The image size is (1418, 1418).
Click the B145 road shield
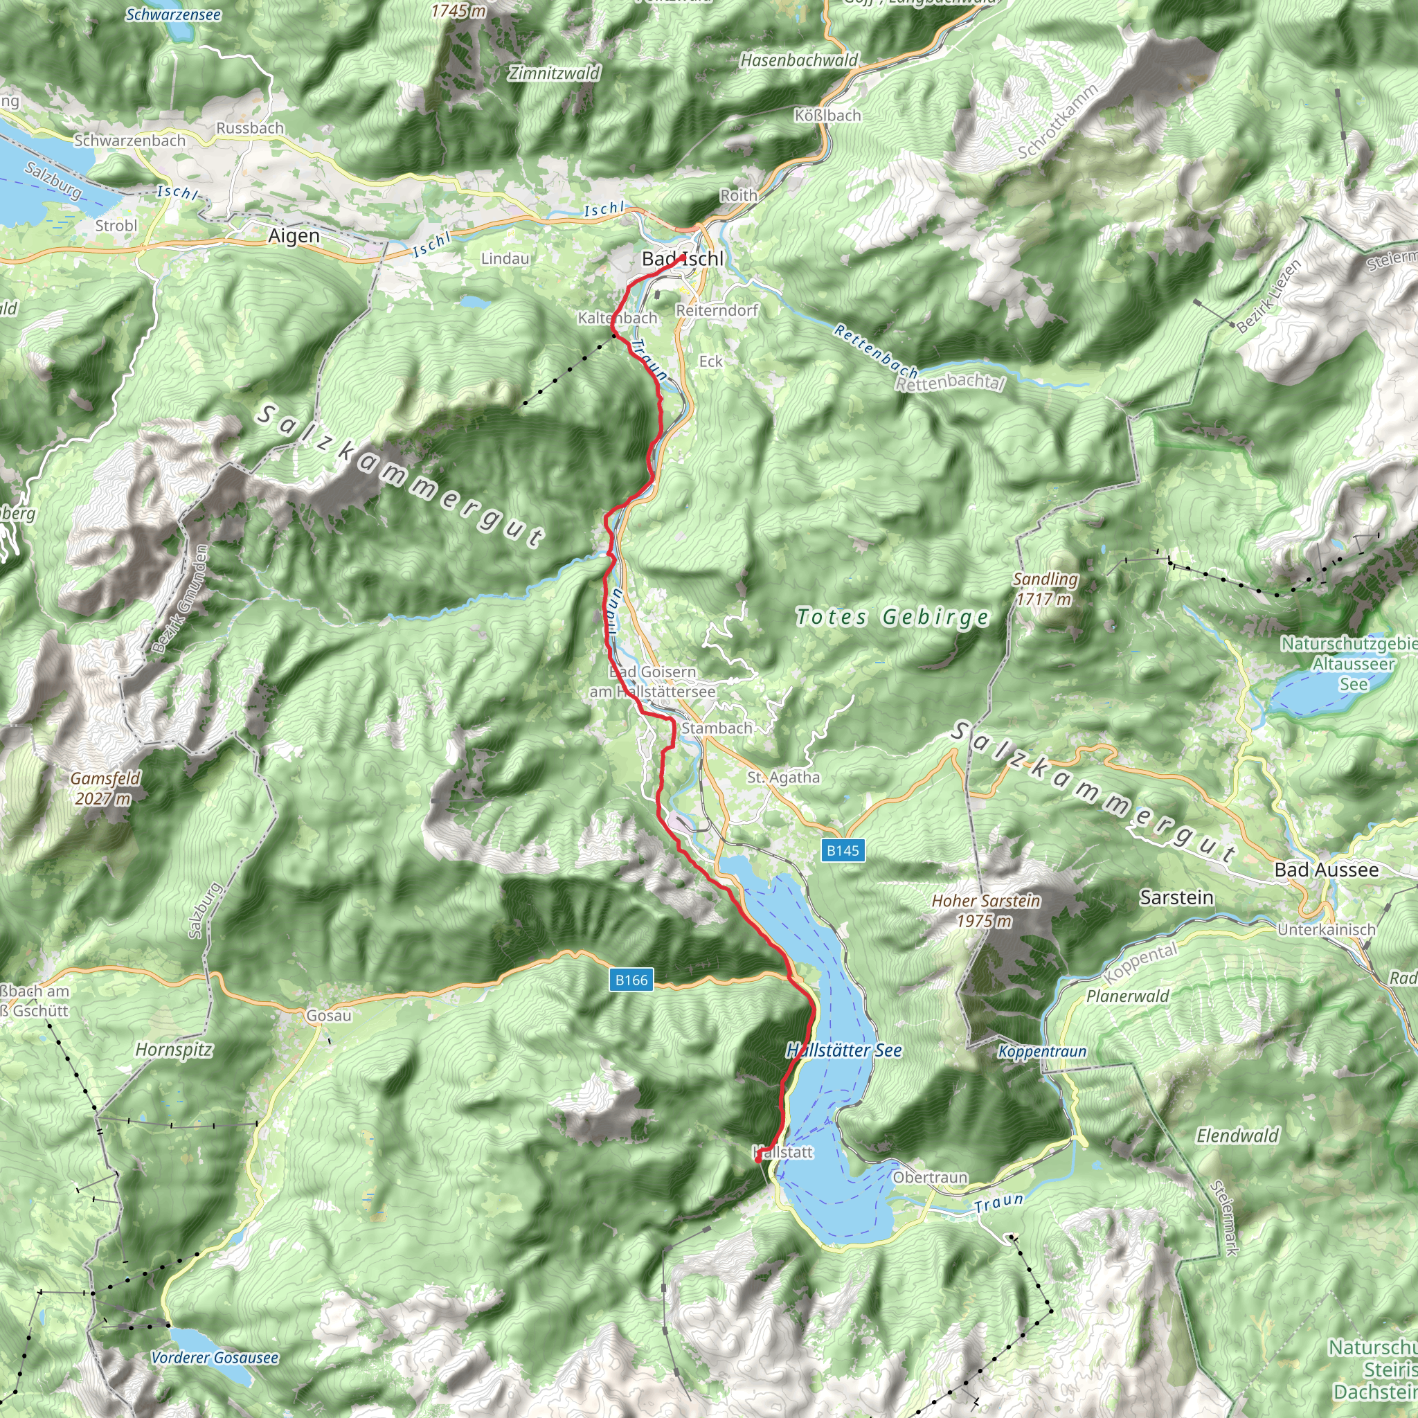[x=842, y=851]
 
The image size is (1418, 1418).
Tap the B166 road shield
[x=631, y=980]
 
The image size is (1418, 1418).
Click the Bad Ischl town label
[x=682, y=258]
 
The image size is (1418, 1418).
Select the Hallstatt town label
[x=783, y=1152]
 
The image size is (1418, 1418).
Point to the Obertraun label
[x=930, y=1177]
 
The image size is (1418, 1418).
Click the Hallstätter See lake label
[x=843, y=1050]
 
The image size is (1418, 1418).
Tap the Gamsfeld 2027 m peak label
[x=105, y=788]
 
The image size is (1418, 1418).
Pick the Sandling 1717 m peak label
[x=1045, y=589]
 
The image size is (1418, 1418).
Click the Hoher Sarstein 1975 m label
[x=986, y=910]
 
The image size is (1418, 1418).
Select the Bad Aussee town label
[x=1326, y=870]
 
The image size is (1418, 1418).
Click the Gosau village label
[x=328, y=1016]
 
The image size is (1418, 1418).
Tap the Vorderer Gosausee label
[x=215, y=1358]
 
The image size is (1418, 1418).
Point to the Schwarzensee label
[x=173, y=15]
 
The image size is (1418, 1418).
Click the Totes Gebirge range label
[x=892, y=617]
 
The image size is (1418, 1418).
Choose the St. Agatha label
[x=783, y=778]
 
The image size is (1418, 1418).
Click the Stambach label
[x=717, y=728]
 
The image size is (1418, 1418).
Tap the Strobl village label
[x=116, y=225]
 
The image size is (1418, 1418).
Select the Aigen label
[x=294, y=236]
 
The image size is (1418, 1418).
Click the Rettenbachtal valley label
[x=950, y=382]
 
